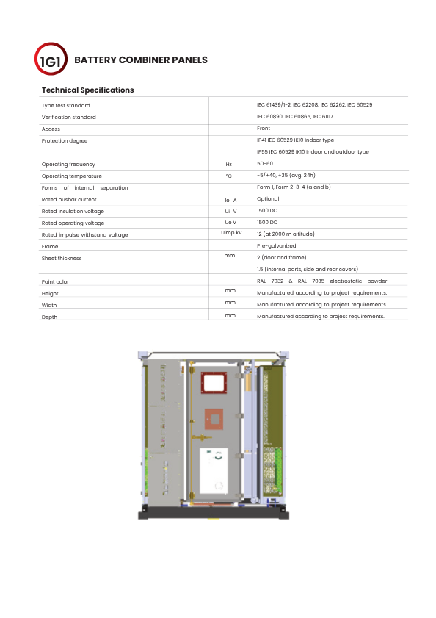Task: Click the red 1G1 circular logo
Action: [51, 59]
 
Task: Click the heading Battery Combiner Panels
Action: [141, 60]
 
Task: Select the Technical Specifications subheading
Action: [88, 90]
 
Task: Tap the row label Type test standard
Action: [66, 106]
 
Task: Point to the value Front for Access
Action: [264, 129]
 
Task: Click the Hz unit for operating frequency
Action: [229, 165]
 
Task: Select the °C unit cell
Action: [229, 176]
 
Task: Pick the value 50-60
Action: [265, 164]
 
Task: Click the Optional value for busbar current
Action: [268, 199]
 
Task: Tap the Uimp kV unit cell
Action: [232, 233]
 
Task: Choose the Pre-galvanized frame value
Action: [277, 246]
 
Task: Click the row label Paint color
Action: [55, 281]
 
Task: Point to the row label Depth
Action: [49, 317]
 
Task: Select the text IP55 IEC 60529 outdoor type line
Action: [313, 151]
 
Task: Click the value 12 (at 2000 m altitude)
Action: [286, 234]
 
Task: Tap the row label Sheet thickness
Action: [62, 259]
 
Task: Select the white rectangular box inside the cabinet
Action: [214, 470]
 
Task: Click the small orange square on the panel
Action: [214, 419]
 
